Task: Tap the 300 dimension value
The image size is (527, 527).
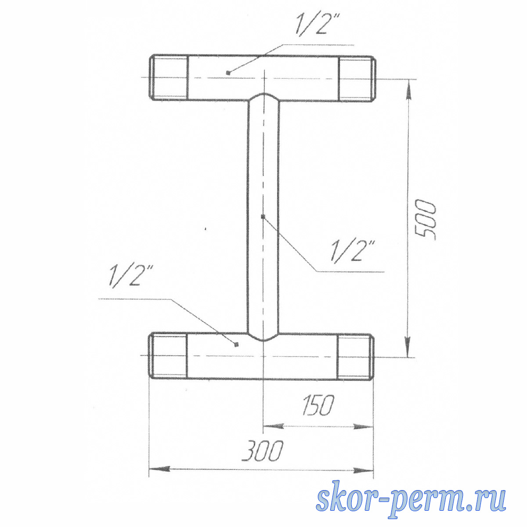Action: tap(262, 451)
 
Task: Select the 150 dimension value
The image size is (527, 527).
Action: tap(318, 405)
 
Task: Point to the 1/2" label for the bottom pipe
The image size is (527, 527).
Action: tap(130, 276)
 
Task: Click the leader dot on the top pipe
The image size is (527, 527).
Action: tap(228, 72)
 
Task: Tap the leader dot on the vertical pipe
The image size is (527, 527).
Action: tap(263, 217)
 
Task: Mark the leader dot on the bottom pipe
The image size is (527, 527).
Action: tap(237, 345)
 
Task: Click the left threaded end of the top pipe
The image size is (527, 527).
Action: tap(169, 77)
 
